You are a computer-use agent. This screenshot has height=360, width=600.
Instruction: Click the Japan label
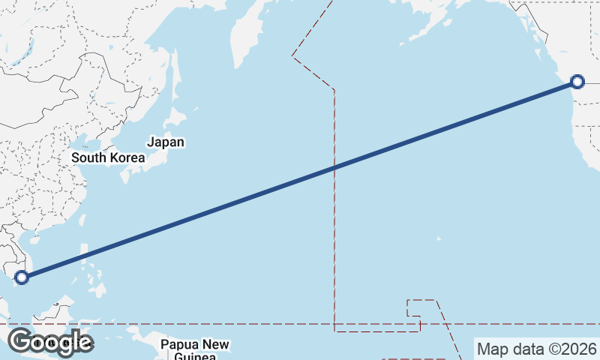tap(166, 142)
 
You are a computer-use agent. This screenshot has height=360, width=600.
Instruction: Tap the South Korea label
tap(108, 157)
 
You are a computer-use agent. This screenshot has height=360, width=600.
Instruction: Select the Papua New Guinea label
tap(195, 350)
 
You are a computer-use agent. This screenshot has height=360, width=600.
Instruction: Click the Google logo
tap(50, 342)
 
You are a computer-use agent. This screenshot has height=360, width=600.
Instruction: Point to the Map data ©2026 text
tap(536, 349)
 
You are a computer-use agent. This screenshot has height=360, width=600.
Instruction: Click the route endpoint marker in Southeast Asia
tap(22, 277)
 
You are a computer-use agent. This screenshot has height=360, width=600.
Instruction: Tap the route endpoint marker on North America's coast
tap(577, 82)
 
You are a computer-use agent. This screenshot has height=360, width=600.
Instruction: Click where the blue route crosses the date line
tap(334, 167)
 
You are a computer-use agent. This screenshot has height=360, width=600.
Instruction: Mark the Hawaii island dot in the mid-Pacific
tap(439, 239)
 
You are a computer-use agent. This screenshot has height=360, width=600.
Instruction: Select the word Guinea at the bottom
tap(195, 357)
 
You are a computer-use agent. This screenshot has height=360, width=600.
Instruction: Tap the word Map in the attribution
tap(492, 349)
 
